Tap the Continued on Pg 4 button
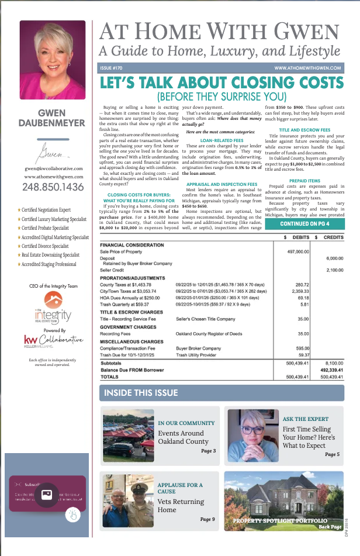(x=304, y=223)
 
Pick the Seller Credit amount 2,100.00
(x=335, y=270)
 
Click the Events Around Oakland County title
(x=183, y=437)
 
